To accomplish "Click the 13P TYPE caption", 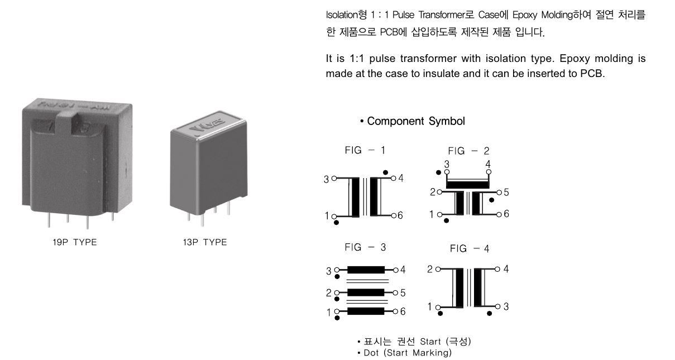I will click(205, 242).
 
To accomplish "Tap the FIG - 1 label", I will click(365, 150).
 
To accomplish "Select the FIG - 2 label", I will click(468, 151).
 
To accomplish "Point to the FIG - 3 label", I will click(365, 247).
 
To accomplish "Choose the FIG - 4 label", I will click(470, 249).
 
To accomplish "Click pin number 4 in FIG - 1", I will click(400, 179).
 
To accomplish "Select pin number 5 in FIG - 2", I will click(506, 193).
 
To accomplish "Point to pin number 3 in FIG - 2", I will click(447, 164).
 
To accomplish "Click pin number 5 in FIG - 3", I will click(403, 292).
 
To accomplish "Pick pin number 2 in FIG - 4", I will click(430, 270).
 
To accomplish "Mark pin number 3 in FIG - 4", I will click(506, 306).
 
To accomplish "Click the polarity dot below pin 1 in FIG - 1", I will click(336, 222).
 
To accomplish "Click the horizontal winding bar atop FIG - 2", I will click(468, 184).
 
